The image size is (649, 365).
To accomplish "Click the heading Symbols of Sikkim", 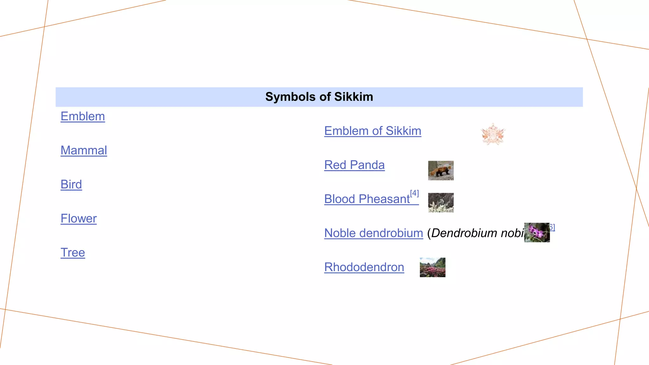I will [319, 97].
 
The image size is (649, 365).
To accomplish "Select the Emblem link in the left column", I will [83, 117].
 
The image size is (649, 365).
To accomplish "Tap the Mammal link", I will [84, 150].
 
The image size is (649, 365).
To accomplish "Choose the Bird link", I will [71, 184].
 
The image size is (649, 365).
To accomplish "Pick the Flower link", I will [79, 219].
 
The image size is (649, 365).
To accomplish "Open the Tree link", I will [73, 253].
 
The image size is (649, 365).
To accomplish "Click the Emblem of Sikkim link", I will [373, 131].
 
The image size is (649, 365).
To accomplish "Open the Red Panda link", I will [354, 165].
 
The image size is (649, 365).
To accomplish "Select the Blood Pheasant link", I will [367, 199].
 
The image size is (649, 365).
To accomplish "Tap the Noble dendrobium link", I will [374, 233].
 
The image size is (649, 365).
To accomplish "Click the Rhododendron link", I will [364, 267].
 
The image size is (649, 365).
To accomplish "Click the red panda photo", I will [441, 170].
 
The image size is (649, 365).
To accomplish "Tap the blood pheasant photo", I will [441, 203].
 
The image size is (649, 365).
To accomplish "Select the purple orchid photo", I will [537, 233].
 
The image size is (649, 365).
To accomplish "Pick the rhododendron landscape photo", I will [433, 267].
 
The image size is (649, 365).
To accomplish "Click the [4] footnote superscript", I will [414, 193].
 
